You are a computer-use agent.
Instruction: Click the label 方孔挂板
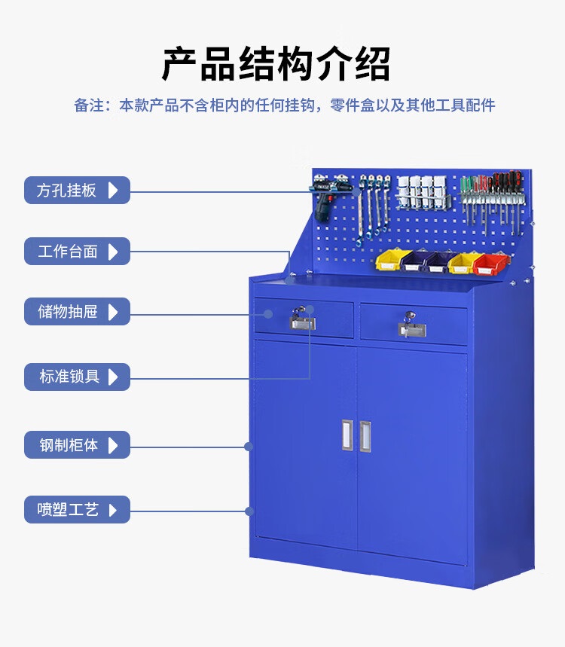click(x=77, y=191)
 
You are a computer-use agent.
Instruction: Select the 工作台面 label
click(x=77, y=252)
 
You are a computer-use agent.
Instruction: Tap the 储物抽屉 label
click(x=77, y=312)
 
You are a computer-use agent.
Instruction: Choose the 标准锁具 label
click(x=77, y=377)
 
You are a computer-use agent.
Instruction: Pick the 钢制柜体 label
click(x=77, y=445)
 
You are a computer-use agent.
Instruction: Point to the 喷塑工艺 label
click(x=77, y=510)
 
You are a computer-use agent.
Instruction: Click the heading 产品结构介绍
click(x=276, y=64)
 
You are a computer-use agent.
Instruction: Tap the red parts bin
click(x=490, y=264)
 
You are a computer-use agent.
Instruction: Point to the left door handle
click(x=347, y=435)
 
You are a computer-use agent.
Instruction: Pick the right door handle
click(x=365, y=436)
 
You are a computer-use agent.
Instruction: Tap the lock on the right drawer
click(x=411, y=325)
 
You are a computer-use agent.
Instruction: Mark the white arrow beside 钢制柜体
click(x=113, y=445)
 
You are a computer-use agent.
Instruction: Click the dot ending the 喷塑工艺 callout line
click(x=249, y=511)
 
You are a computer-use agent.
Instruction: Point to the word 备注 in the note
click(x=89, y=105)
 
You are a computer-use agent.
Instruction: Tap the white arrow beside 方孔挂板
click(x=113, y=191)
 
